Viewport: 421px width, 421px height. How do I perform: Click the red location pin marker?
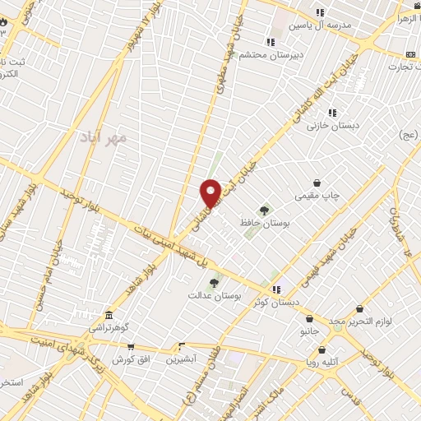[x=210, y=192]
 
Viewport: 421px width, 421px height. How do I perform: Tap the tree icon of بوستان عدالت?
[x=214, y=283]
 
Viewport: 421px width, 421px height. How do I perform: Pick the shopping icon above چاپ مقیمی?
[x=317, y=183]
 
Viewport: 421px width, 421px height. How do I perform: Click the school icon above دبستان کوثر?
[x=277, y=289]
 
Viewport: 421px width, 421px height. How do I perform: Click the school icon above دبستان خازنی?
[x=332, y=113]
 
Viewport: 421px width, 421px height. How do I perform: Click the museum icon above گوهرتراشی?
[x=109, y=315]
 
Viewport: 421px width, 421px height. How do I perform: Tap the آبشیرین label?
[x=181, y=359]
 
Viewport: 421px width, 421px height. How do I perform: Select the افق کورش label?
[x=128, y=359]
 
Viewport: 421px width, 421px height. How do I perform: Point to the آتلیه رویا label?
[x=323, y=361]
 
